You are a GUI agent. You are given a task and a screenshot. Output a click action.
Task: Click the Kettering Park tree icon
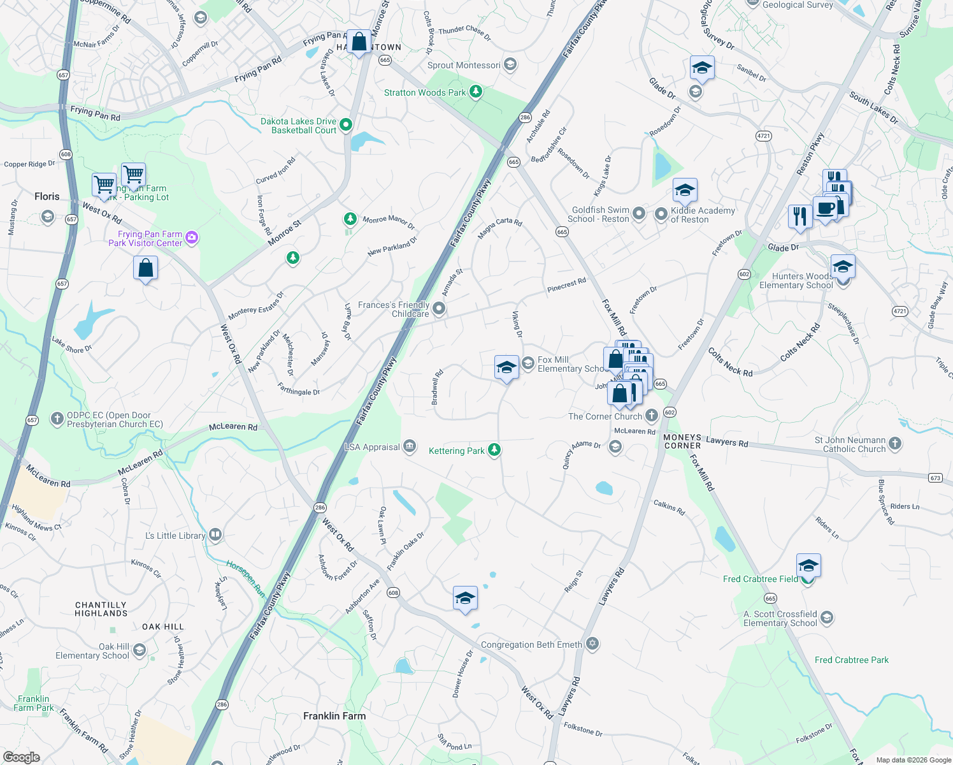(494, 450)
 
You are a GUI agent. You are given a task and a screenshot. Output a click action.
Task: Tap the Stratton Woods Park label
(425, 92)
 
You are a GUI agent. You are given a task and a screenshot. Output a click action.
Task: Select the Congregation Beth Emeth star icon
(592, 643)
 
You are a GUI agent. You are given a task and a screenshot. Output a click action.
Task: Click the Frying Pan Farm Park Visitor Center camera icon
(192, 238)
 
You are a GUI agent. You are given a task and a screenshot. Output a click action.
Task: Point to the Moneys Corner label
(682, 441)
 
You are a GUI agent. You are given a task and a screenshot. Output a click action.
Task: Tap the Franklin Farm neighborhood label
(334, 716)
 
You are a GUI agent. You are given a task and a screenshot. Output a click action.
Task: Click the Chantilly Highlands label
(101, 609)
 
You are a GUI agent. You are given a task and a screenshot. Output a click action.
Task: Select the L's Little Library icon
(215, 534)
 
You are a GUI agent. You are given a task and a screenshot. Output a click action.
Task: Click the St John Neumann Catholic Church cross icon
(895, 443)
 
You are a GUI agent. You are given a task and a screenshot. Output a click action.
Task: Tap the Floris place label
(47, 196)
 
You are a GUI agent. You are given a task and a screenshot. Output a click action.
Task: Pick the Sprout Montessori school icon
(510, 64)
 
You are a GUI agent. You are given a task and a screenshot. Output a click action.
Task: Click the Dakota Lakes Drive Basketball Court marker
(346, 124)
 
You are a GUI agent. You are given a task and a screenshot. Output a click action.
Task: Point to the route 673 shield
(935, 477)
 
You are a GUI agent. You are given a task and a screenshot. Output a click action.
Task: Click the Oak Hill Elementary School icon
(139, 650)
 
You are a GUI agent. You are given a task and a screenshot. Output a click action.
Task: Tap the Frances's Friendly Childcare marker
(438, 309)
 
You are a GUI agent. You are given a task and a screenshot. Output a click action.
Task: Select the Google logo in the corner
(21, 757)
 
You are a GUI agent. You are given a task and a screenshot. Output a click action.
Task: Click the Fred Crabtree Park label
(851, 660)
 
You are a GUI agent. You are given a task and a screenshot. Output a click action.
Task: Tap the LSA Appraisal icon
(410, 446)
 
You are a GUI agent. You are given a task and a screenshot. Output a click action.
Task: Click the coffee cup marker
(825, 209)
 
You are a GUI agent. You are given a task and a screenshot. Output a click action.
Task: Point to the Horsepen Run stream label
(246, 578)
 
